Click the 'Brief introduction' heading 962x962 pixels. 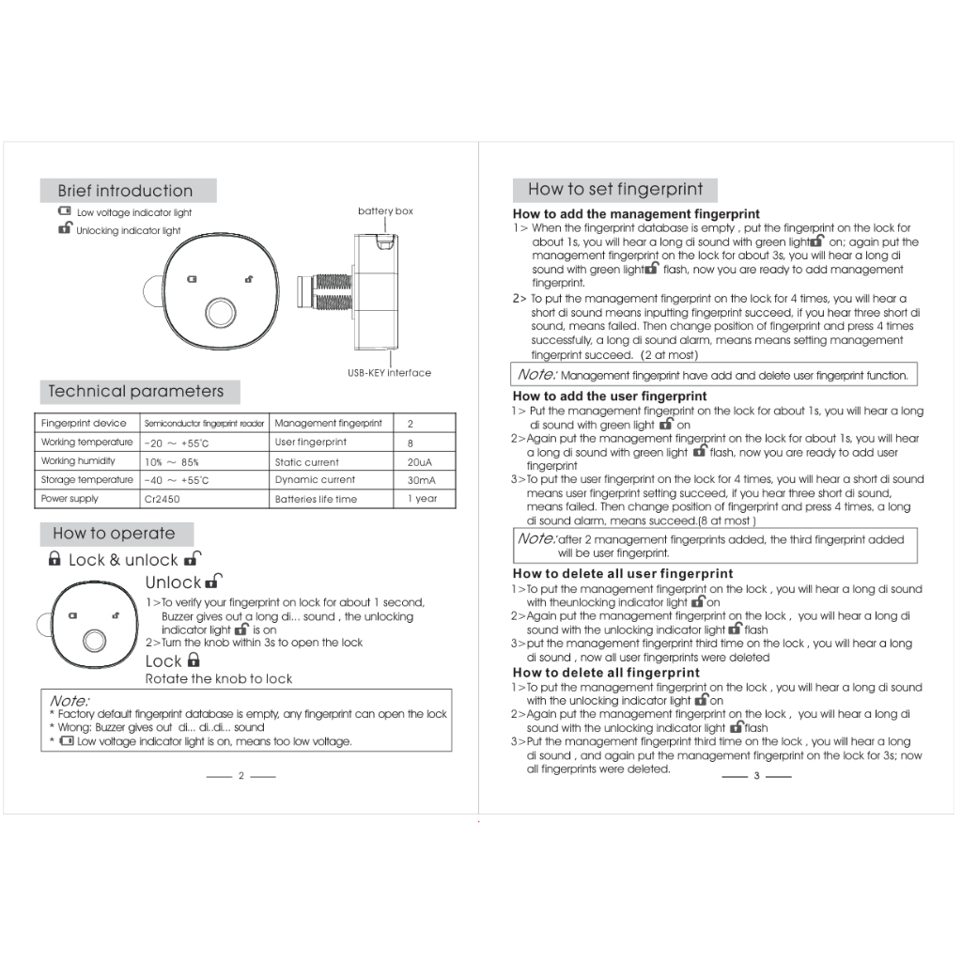tap(125, 191)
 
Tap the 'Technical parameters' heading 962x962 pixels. tap(136, 391)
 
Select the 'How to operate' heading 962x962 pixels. tap(114, 533)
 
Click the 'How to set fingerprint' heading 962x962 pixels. tap(615, 189)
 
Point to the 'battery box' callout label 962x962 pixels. tap(385, 211)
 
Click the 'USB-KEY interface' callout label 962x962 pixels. tap(389, 373)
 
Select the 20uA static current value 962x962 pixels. tap(419, 462)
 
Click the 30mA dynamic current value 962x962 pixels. tap(421, 480)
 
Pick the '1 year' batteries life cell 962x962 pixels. tap(423, 499)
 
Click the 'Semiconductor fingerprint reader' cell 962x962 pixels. tap(204, 424)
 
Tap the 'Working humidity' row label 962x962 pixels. tap(78, 461)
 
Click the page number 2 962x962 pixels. tap(241, 776)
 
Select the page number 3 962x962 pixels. tap(756, 776)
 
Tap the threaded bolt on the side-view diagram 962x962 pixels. tap(326, 292)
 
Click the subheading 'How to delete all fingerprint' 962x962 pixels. tap(606, 673)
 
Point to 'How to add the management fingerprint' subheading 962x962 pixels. tap(636, 214)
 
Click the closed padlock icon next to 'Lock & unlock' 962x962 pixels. tap(54, 560)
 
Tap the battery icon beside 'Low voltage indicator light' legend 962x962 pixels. tap(64, 212)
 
